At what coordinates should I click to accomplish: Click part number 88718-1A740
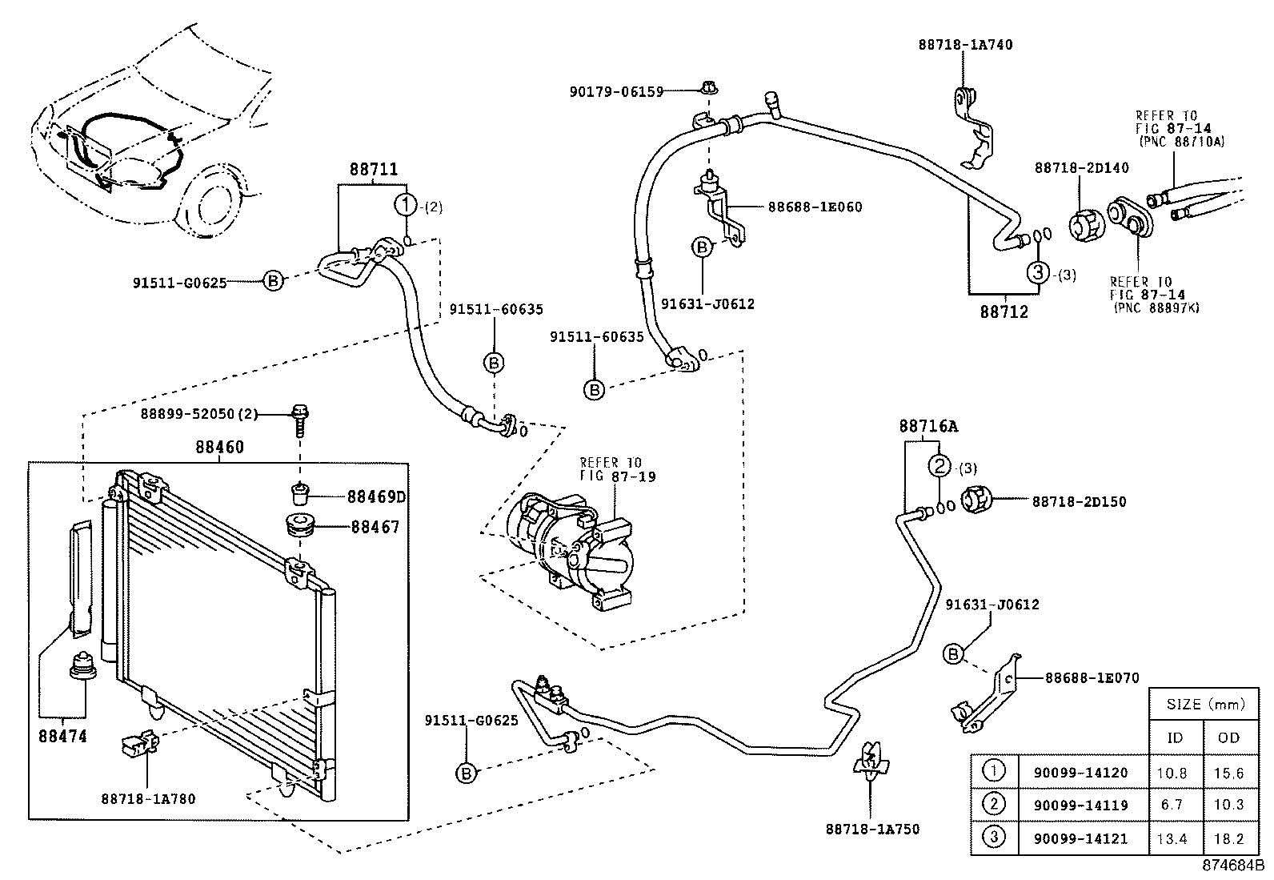(965, 44)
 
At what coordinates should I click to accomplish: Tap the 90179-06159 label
(616, 91)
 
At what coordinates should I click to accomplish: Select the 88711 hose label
(374, 169)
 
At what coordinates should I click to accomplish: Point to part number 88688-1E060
(815, 207)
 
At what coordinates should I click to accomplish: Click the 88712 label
(1004, 312)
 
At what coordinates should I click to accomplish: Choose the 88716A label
(928, 426)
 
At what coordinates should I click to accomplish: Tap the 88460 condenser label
(219, 447)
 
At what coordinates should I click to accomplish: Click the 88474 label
(62, 736)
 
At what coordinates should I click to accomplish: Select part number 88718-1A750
(872, 830)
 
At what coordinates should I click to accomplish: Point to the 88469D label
(376, 497)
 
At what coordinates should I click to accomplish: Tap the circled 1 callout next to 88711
(406, 204)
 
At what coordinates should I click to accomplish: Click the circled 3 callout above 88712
(1038, 273)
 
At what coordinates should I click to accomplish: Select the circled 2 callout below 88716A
(939, 466)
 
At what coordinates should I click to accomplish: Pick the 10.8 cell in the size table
(1172, 773)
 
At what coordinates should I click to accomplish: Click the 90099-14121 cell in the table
(1080, 838)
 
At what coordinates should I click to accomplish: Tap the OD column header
(1228, 737)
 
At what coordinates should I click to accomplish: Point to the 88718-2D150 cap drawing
(976, 500)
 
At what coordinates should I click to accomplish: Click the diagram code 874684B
(1232, 866)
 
